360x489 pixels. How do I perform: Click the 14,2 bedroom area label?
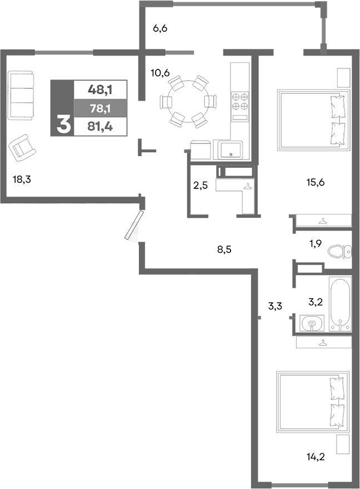[x=316, y=458]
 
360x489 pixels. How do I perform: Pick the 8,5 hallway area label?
[x=224, y=250]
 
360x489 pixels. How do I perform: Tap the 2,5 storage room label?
[x=200, y=186]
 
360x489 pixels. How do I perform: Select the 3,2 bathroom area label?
[x=316, y=303]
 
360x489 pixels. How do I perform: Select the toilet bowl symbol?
[x=338, y=252]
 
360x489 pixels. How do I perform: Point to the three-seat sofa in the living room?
[x=22, y=94]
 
